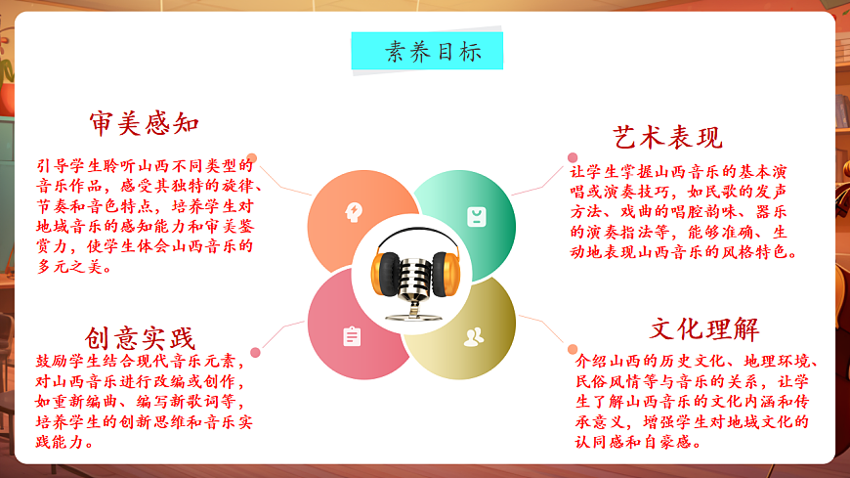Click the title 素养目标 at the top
pyautogui.click(x=427, y=52)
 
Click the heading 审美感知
pyautogui.click(x=144, y=124)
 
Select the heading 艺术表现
pyautogui.click(x=667, y=136)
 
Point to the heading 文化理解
pyautogui.click(x=704, y=327)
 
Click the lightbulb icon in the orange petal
pyautogui.click(x=353, y=211)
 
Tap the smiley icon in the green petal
pyautogui.click(x=476, y=216)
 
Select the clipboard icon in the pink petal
pyautogui.click(x=352, y=336)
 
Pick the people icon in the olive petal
pyautogui.click(x=474, y=337)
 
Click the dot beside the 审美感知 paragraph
pyautogui.click(x=252, y=157)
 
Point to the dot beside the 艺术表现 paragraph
pyautogui.click(x=572, y=157)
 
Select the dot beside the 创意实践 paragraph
pyautogui.click(x=255, y=352)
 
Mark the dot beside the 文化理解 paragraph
pyautogui.click(x=573, y=349)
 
